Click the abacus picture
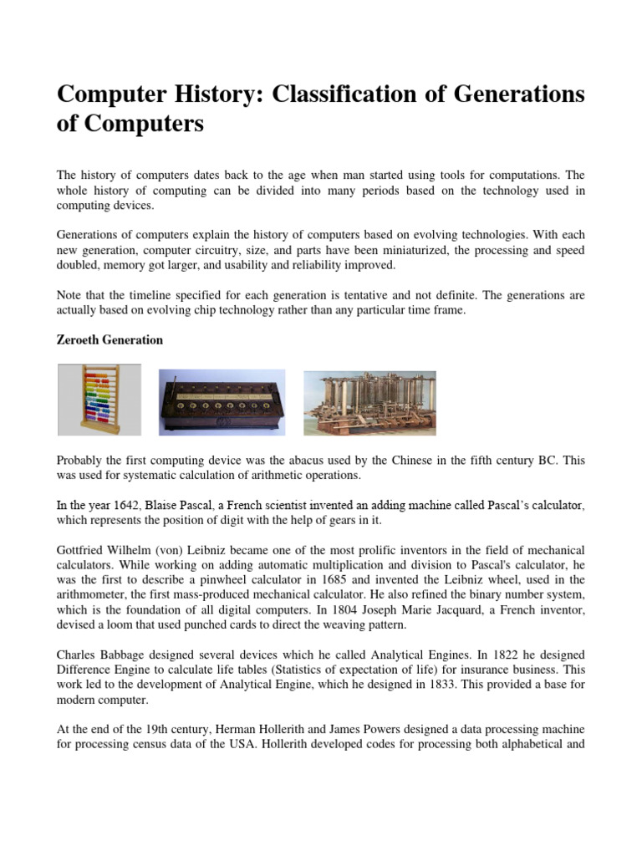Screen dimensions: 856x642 [x=99, y=400]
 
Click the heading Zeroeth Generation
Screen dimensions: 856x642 [x=110, y=340]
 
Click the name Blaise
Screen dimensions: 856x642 [x=169, y=506]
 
